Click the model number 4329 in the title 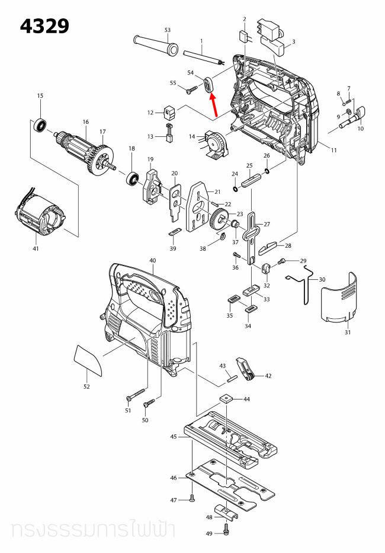coord(44,27)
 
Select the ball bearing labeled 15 coord(40,125)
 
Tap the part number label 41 coord(36,248)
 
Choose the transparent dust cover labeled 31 coord(340,299)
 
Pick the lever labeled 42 coord(247,368)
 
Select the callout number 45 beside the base coord(174,437)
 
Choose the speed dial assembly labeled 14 coord(215,144)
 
